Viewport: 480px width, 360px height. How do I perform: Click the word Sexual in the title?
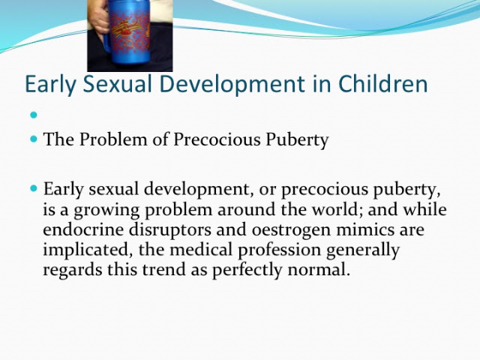(117, 83)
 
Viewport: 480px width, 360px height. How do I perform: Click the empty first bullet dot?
(34, 115)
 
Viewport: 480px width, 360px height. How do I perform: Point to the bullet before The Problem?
(34, 139)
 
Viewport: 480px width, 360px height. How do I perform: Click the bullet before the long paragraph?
(34, 188)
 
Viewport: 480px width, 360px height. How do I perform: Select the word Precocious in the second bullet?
(217, 139)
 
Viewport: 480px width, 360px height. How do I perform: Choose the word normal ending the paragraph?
(319, 270)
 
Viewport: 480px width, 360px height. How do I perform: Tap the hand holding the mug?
(98, 20)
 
